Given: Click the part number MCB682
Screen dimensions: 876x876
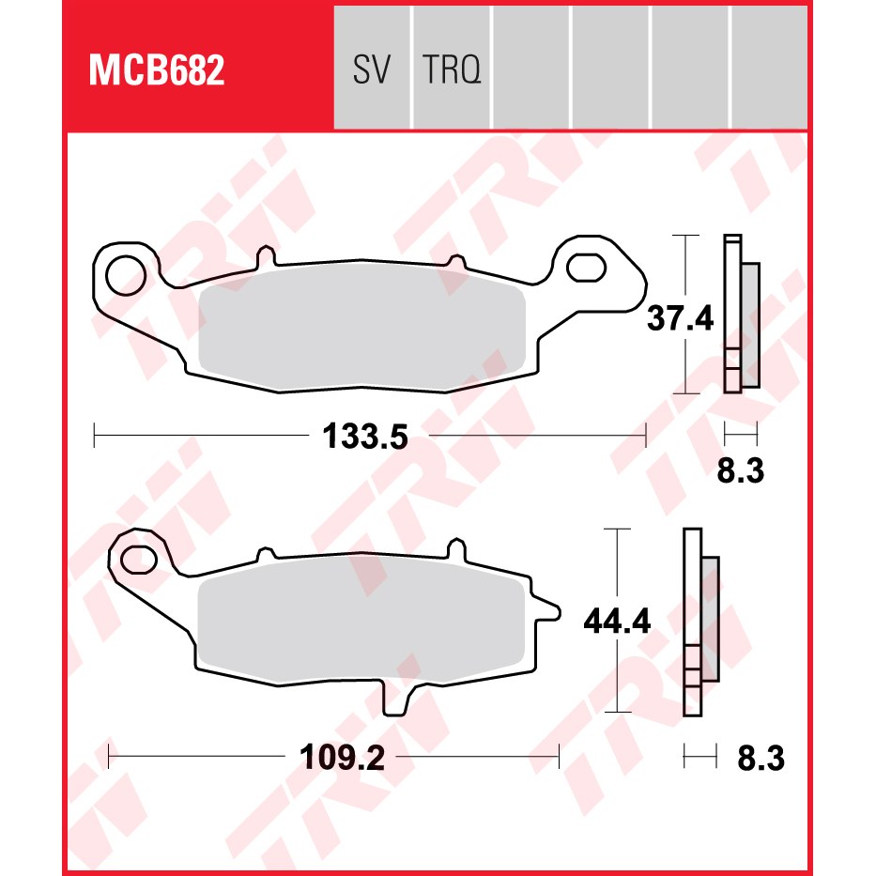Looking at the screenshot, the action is pos(157,70).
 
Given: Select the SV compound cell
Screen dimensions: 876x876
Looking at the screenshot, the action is pos(372,69).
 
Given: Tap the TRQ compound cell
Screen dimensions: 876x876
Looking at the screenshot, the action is pos(452,69).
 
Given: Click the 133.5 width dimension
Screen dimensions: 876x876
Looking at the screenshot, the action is pos(365,437).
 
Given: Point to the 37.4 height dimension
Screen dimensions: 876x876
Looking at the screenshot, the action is pos(680,318).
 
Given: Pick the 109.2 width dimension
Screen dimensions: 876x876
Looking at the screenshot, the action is pos(342,758).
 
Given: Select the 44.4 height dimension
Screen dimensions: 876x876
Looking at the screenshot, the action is pos(617,621).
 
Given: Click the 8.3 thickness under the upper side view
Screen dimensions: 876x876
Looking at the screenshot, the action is pos(740,470).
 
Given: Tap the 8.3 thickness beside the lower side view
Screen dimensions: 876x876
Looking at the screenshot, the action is pos(761,759).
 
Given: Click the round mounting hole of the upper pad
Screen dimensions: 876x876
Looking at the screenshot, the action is pos(126,275).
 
